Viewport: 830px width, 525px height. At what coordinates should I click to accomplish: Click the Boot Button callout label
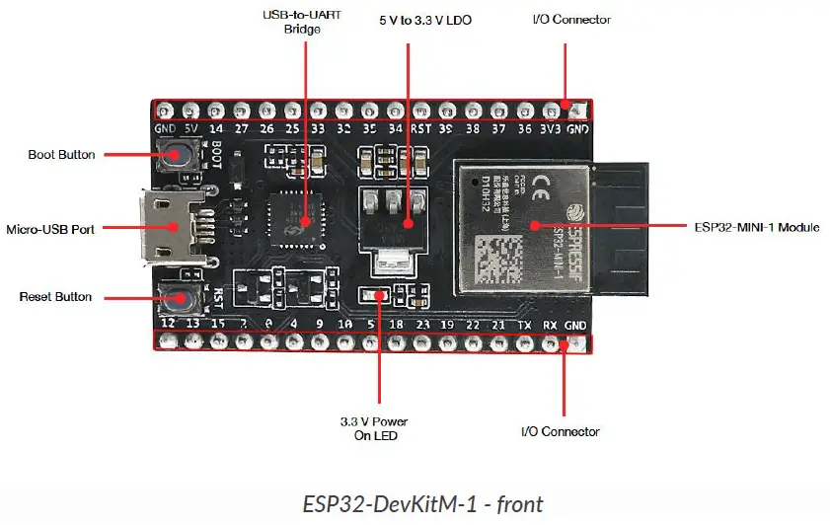(x=61, y=155)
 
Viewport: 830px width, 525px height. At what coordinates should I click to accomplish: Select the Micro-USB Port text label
(x=50, y=229)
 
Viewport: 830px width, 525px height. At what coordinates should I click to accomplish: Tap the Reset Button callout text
(x=56, y=297)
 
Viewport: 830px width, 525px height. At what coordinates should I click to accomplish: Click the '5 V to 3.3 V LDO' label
(x=425, y=19)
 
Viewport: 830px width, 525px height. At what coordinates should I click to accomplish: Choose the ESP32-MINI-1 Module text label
(x=757, y=227)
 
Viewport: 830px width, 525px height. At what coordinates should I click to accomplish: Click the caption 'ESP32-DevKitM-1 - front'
(x=422, y=504)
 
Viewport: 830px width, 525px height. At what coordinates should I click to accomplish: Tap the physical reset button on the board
(x=178, y=296)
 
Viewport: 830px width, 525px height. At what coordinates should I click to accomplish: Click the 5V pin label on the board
(x=190, y=129)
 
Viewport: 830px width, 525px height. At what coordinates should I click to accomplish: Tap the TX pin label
(x=524, y=324)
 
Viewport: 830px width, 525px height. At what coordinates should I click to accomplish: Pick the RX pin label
(x=550, y=324)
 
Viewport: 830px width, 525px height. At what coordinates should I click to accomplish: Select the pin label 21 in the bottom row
(x=498, y=324)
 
